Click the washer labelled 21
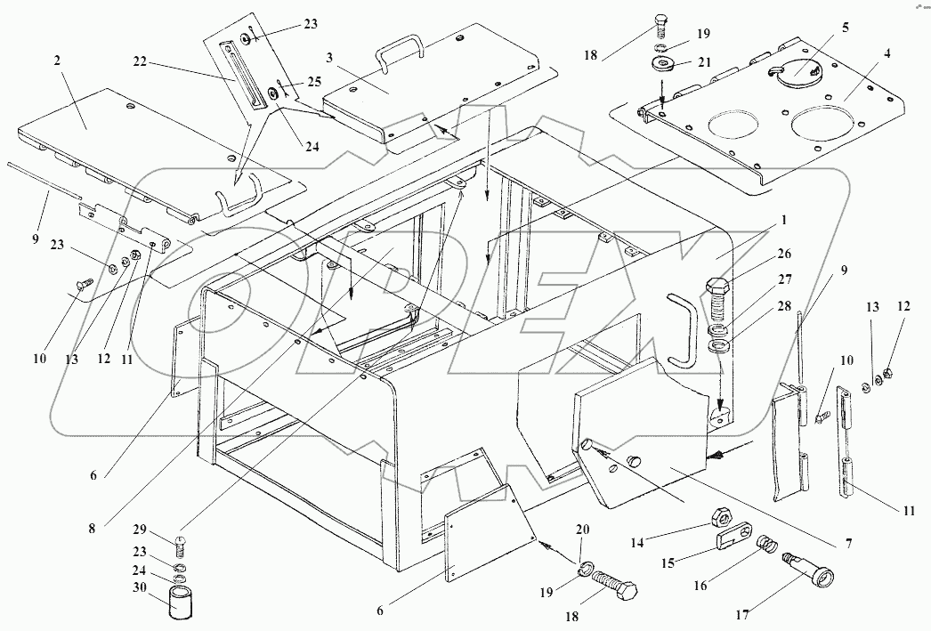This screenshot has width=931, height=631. point(661,63)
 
